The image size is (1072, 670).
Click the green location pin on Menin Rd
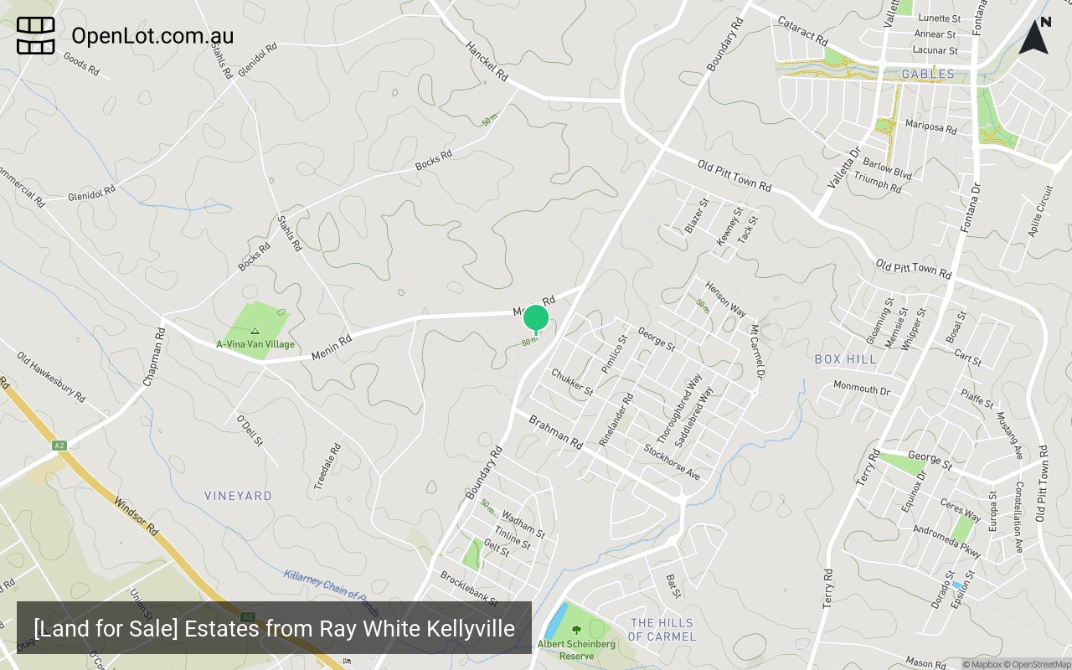point(536,318)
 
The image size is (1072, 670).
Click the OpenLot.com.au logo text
point(152,36)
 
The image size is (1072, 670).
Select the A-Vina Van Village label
point(255,343)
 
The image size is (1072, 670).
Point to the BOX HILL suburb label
point(845,359)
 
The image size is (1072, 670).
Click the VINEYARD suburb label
point(238,496)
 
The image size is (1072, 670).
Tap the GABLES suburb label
point(928,74)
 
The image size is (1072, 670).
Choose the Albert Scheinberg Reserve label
point(576,650)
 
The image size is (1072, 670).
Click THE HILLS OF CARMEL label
point(662,630)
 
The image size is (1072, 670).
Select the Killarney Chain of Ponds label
point(331,591)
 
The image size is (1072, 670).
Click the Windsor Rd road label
point(136,517)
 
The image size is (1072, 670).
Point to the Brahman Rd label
point(554,431)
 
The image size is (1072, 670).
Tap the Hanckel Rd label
point(487,61)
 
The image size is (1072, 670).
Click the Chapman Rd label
point(154,357)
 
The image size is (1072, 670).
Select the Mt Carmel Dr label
point(755,347)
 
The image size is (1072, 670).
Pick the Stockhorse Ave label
point(672,461)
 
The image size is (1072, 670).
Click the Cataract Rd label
point(802,32)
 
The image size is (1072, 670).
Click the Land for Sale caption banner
point(274,628)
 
